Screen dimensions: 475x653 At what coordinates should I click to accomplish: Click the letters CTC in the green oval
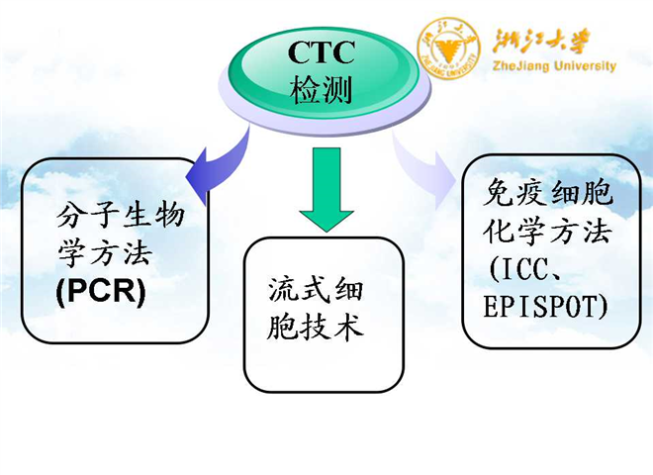point(322,50)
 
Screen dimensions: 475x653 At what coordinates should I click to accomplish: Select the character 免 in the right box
point(499,193)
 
